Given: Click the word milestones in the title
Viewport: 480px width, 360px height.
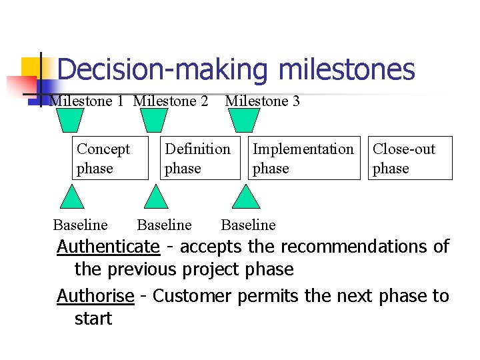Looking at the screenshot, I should (x=347, y=70).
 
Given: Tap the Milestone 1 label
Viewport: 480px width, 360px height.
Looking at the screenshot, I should (x=87, y=101).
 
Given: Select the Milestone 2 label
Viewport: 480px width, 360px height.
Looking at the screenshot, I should (x=171, y=101).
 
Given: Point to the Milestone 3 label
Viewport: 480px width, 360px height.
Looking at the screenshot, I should (x=263, y=101).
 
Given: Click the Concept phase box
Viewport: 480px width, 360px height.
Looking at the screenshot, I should (x=110, y=159).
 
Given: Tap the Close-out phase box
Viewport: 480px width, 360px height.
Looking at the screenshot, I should (x=410, y=159).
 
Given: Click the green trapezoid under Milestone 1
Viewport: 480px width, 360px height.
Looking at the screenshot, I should (x=69, y=121).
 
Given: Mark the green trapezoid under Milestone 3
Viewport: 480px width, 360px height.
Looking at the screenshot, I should (x=244, y=121).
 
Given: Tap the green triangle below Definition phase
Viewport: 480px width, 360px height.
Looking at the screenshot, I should (x=157, y=199).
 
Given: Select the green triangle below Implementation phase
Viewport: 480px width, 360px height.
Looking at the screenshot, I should (x=247, y=199).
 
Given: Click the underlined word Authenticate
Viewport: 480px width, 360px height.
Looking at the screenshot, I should (x=108, y=247).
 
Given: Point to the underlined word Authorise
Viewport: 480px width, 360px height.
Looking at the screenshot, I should (x=95, y=295).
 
